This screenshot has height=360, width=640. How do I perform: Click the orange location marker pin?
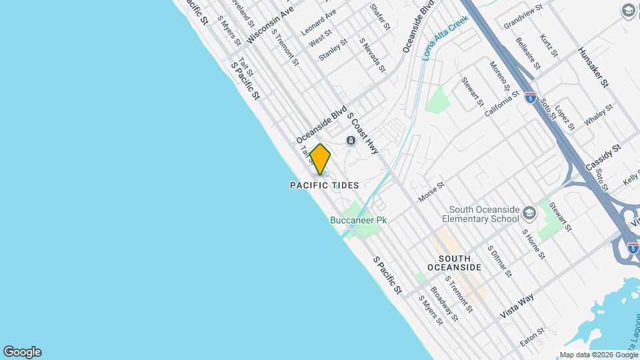click(x=320, y=159)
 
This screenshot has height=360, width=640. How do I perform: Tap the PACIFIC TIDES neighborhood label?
click(x=324, y=185)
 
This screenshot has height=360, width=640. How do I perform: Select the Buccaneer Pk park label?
click(x=358, y=219)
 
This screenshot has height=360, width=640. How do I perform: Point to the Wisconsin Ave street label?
click(x=270, y=26)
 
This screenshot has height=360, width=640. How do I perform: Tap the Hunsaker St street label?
click(x=593, y=67)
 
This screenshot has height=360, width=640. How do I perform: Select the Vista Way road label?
click(x=517, y=304)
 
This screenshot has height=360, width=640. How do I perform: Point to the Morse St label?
click(x=431, y=193)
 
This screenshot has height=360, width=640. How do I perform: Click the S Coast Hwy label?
click(x=363, y=133)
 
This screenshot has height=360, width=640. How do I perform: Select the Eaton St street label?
click(x=533, y=336)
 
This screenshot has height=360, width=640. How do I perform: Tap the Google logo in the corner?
click(x=22, y=352)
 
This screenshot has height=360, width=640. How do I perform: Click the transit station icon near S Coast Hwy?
click(x=350, y=141)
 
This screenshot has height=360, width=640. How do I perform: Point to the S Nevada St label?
click(x=372, y=55)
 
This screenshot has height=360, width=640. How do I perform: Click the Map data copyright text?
click(x=597, y=355)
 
